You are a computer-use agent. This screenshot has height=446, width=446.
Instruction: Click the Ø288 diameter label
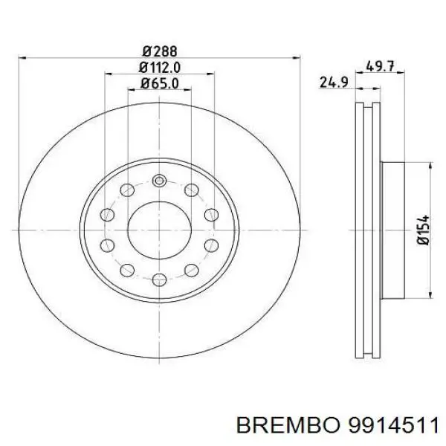tap(159, 51)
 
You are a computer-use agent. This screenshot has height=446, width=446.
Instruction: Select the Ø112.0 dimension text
tap(159, 68)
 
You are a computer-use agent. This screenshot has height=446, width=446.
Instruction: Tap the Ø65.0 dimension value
tap(159, 84)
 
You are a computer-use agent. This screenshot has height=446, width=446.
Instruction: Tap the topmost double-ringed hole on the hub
tap(159, 179)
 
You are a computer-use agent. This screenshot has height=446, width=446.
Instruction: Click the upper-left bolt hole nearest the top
tap(128, 189)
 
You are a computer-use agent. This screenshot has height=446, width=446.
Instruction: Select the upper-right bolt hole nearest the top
tap(190, 189)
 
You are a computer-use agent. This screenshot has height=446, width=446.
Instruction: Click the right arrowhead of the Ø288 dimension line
tap(297, 58)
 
